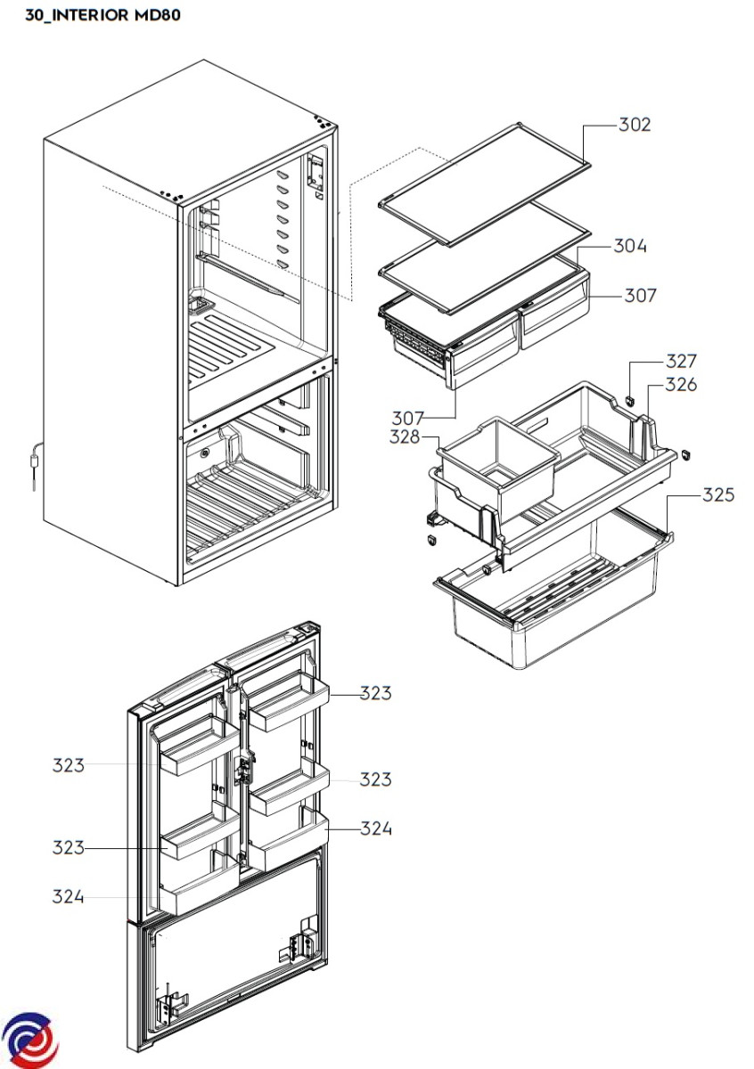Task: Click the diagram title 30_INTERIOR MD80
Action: [x=102, y=15]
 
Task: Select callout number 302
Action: [x=635, y=125]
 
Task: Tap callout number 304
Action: [x=630, y=246]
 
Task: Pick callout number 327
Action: [x=682, y=362]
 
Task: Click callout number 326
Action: [x=681, y=384]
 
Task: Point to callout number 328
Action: [x=405, y=437]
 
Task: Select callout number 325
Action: [x=718, y=495]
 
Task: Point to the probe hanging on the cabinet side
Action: [x=35, y=466]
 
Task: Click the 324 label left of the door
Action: [x=69, y=897]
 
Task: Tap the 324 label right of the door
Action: [x=376, y=828]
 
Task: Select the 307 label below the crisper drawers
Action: [x=408, y=419]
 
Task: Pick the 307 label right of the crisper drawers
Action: [x=641, y=296]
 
